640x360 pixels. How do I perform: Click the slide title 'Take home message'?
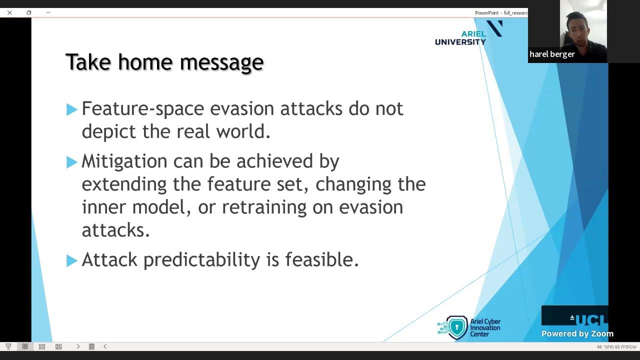(164, 62)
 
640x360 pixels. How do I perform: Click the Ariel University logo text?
(460, 38)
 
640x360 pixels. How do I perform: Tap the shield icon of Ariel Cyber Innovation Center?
(456, 327)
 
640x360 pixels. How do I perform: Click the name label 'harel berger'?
(552, 54)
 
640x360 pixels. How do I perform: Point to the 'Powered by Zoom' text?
(577, 333)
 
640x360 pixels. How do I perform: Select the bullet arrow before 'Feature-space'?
(71, 109)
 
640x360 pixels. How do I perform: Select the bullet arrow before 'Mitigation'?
(71, 162)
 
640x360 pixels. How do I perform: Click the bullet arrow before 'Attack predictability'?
(71, 260)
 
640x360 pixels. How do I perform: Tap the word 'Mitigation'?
(124, 161)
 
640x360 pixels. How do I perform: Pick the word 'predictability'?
(201, 259)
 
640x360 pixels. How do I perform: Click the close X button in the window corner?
(9, 12)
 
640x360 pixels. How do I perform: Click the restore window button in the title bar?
(29, 12)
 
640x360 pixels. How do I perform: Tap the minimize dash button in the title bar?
(48, 12)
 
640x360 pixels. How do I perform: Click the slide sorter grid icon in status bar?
(42, 346)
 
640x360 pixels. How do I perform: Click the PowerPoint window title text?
(500, 12)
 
